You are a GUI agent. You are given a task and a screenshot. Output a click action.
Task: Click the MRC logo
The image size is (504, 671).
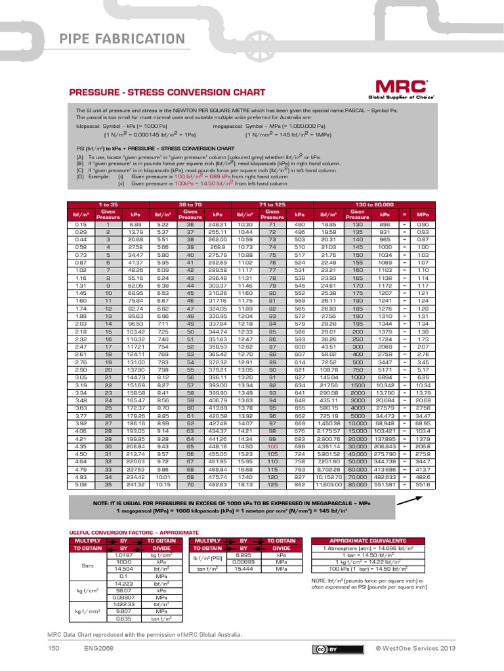(402, 88)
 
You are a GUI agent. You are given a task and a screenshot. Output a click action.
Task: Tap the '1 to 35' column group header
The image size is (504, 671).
(108, 205)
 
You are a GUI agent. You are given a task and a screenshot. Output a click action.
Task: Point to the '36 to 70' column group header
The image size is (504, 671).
(191, 205)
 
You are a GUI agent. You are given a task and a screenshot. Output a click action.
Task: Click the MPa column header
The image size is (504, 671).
(423, 214)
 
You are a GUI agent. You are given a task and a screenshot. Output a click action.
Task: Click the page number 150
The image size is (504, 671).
(54, 648)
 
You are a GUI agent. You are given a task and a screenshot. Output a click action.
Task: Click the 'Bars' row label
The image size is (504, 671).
(88, 564)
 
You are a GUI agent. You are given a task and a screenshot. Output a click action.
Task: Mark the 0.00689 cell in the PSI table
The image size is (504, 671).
(243, 561)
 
